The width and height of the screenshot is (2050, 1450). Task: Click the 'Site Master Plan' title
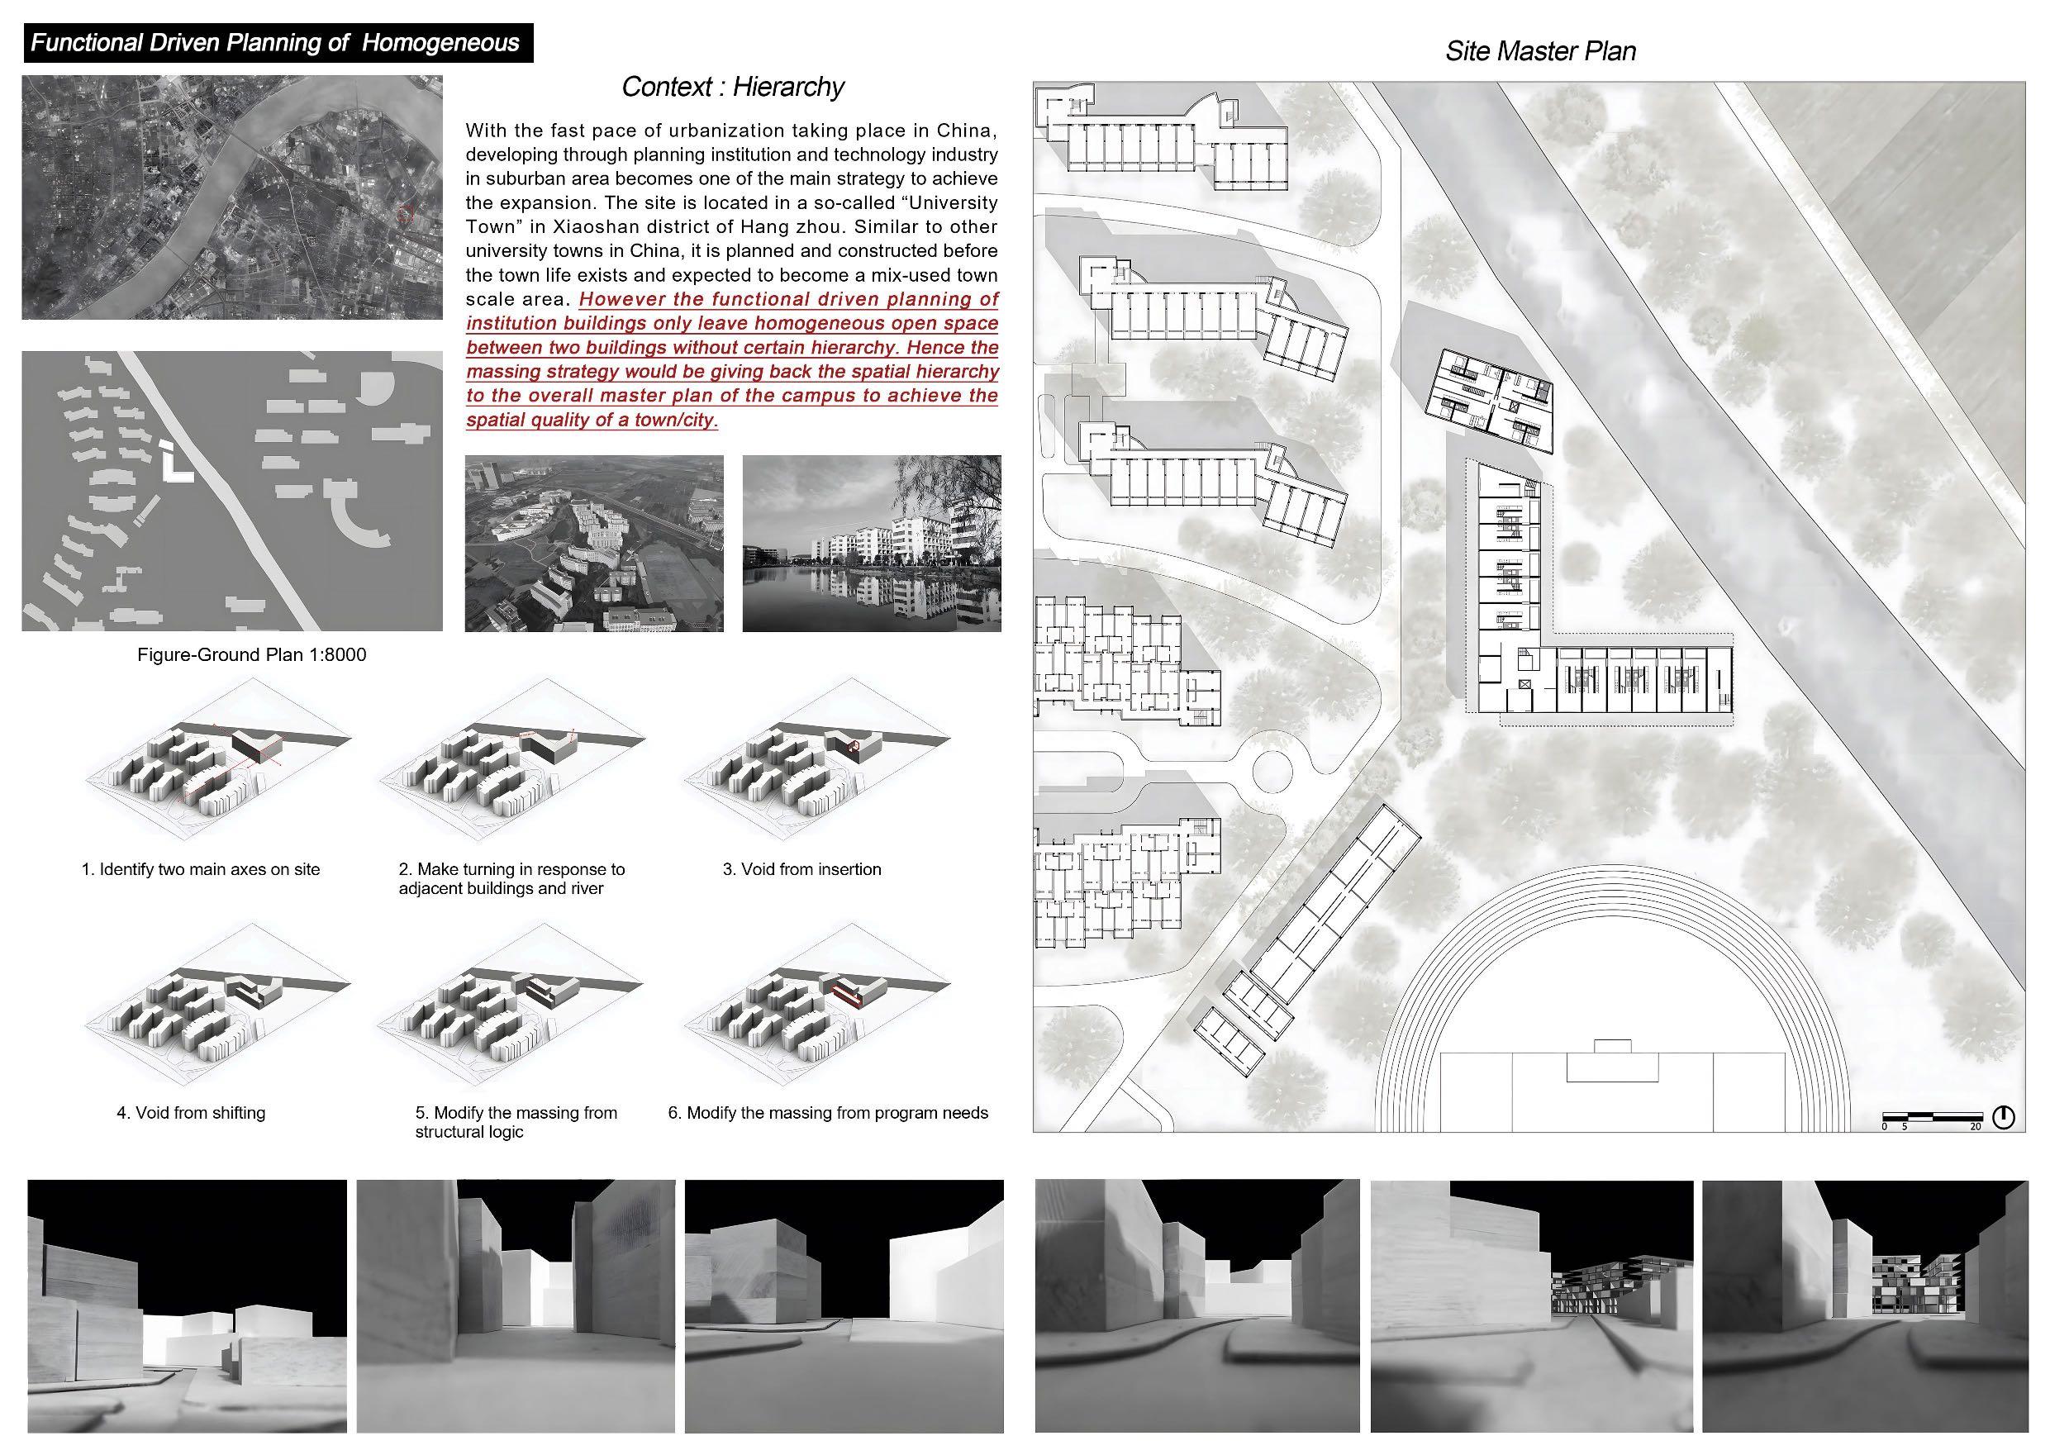point(1540,51)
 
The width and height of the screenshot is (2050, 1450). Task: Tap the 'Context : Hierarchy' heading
point(733,87)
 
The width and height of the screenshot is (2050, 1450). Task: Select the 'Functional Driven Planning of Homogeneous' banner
point(278,43)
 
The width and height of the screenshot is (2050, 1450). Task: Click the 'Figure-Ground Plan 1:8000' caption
point(252,654)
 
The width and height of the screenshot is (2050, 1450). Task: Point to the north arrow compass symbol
point(2004,1117)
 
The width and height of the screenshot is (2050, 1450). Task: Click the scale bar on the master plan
point(1932,1116)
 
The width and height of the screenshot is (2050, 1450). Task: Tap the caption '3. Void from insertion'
point(801,868)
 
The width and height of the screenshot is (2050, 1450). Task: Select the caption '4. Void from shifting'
point(191,1113)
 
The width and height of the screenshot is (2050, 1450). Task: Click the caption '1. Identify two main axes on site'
point(201,868)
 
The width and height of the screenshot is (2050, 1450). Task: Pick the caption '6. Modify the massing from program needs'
point(829,1113)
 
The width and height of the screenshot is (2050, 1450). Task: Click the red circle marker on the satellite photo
point(406,213)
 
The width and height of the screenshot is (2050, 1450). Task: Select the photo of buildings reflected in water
point(872,544)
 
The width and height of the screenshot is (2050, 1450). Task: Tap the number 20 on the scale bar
point(1975,1127)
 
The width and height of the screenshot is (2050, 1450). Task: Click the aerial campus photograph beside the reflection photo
point(595,544)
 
